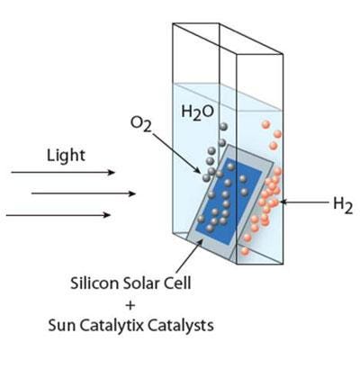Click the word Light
coord(66,157)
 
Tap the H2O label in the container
coord(198,112)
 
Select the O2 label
coord(141,124)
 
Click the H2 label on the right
coord(343,205)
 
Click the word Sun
coord(62,326)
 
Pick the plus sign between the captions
coord(130,305)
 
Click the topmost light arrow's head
coord(112,172)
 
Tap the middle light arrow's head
coord(132,193)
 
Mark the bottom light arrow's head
coord(107,215)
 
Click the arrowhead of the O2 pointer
coord(198,170)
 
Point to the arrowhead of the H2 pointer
coord(283,202)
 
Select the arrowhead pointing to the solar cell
coord(199,243)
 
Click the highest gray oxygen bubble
coord(223,127)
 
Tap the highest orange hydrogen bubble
coord(265,124)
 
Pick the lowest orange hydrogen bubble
coord(245,251)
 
